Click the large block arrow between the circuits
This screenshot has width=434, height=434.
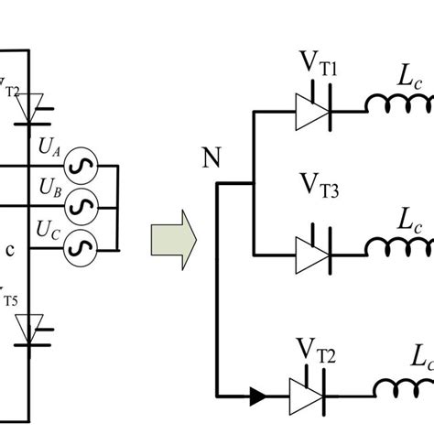(174, 241)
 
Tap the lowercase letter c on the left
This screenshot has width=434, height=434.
(9, 250)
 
